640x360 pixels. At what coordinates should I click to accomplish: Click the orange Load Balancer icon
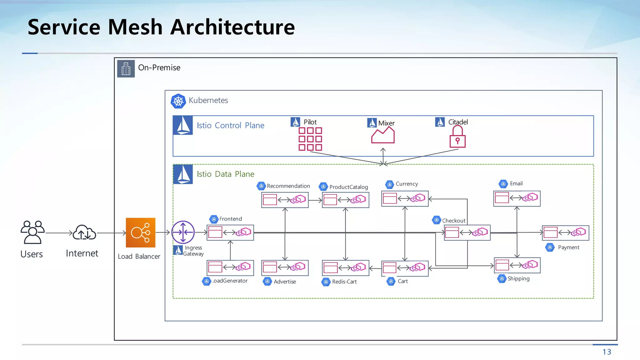[140, 232]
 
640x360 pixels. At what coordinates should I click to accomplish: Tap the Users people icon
[32, 232]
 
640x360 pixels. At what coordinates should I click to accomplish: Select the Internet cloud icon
[84, 232]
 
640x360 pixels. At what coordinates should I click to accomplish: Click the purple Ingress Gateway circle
[183, 232]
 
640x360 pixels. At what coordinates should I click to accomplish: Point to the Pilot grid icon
[310, 139]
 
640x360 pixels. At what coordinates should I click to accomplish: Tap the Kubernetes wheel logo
[178, 101]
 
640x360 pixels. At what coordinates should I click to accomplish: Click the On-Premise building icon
[126, 69]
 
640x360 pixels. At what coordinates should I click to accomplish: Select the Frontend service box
[230, 232]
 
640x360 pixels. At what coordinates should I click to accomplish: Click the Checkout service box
[467, 232]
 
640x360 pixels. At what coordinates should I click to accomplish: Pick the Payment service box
[565, 233]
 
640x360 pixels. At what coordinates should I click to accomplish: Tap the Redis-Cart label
[344, 282]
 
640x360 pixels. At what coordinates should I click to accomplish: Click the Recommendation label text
[288, 186]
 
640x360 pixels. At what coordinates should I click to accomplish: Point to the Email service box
[517, 198]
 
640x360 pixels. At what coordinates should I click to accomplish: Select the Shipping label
[518, 278]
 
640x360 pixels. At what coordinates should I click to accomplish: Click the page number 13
[607, 352]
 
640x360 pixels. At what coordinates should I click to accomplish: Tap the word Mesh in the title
[135, 27]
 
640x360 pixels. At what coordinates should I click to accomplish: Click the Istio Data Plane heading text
[225, 174]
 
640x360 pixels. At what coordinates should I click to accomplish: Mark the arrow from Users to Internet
[59, 233]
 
